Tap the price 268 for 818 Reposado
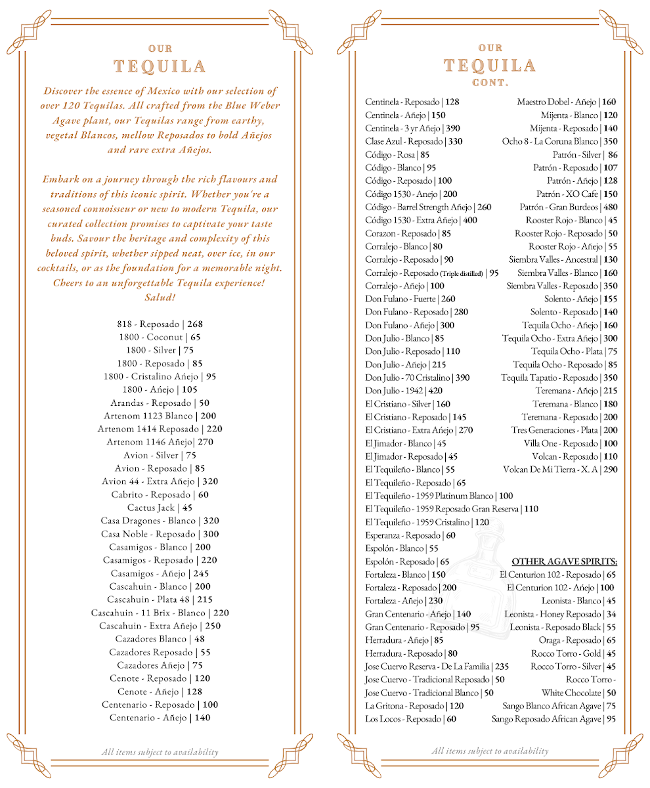click(195, 324)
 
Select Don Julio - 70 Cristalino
click(407, 378)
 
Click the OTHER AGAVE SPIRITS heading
click(564, 562)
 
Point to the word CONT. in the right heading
click(490, 83)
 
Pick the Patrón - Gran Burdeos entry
click(559, 208)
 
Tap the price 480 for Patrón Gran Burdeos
click(610, 208)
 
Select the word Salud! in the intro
click(160, 297)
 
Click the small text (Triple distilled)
click(462, 274)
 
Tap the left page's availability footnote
click(160, 753)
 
